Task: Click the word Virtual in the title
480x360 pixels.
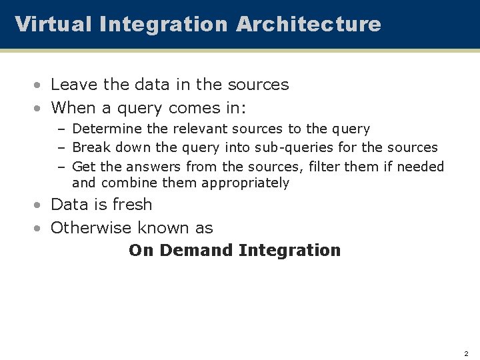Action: (x=53, y=24)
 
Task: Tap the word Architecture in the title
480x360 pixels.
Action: (x=308, y=24)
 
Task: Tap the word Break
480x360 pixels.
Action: (x=90, y=147)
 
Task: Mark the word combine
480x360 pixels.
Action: (x=126, y=183)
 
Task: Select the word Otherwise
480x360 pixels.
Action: (x=91, y=227)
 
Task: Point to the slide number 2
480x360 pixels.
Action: (x=466, y=353)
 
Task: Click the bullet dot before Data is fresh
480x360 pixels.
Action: (x=41, y=205)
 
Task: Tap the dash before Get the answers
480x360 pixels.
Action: (x=62, y=167)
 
